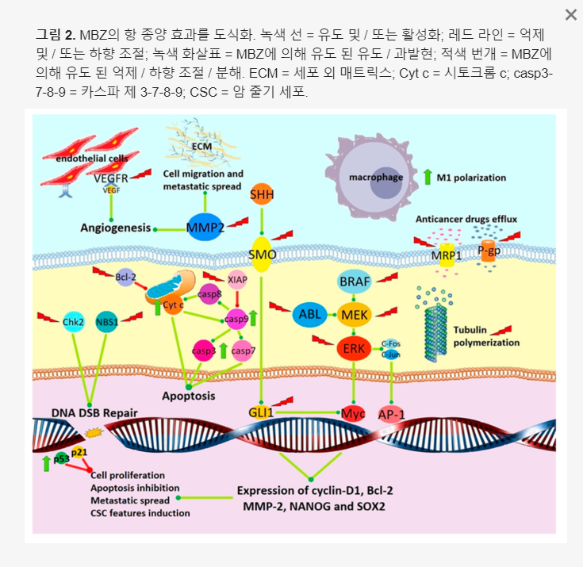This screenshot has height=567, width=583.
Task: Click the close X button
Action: coord(570,15)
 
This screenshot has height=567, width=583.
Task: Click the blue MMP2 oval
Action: coord(204,228)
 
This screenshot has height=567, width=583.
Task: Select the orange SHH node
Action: coord(262,195)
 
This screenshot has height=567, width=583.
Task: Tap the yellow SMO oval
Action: coord(262,255)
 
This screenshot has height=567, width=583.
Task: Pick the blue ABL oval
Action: coord(310,315)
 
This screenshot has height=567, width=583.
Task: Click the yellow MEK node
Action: coord(355,315)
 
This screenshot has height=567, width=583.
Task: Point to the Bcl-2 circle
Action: coord(126,278)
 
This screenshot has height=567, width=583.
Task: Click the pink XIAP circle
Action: coord(238,279)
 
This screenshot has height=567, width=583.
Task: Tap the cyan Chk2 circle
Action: coord(73,322)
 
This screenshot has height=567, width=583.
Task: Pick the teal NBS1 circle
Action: coord(106,322)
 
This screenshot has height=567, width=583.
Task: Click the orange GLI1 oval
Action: coord(261,412)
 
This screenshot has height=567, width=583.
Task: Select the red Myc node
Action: coord(351,413)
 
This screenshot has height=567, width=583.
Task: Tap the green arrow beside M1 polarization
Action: coord(428,177)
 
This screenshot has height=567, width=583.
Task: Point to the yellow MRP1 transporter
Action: coord(447,256)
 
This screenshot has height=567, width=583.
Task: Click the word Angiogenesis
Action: coord(116,228)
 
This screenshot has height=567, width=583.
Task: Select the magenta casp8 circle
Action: coord(209,293)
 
